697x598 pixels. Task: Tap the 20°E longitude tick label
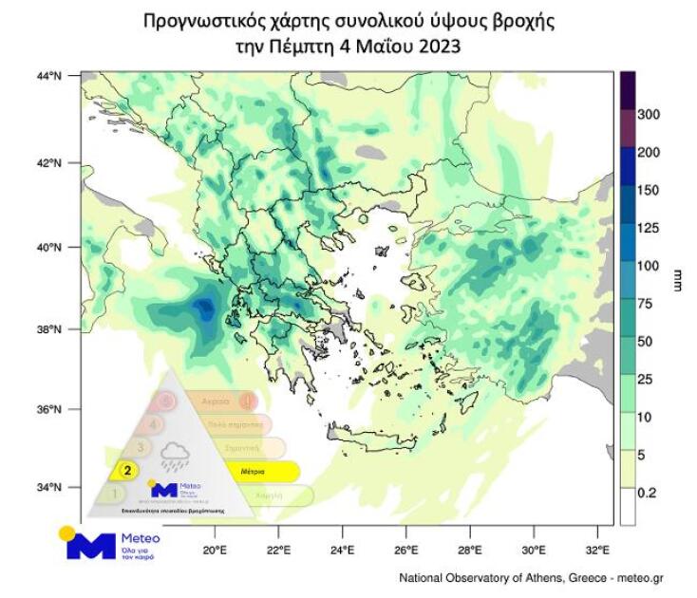point(214,548)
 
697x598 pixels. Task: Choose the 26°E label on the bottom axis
point(405,548)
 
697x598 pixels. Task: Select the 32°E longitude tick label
point(597,548)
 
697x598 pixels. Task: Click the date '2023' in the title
point(441,45)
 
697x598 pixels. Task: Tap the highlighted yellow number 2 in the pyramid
point(125,469)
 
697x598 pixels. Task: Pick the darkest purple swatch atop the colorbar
point(628,88)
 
